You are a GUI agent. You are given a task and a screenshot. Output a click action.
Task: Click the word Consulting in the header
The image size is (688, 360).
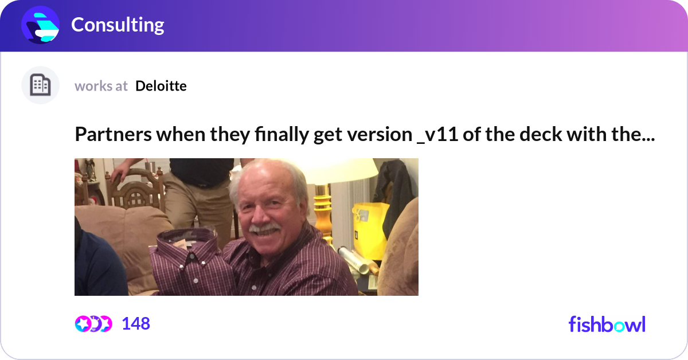click(118, 25)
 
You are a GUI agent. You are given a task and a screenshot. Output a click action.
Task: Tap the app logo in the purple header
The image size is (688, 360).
click(41, 25)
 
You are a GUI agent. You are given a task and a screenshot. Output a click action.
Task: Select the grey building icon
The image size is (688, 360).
click(40, 85)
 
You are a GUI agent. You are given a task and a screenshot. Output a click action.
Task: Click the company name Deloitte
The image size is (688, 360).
click(161, 86)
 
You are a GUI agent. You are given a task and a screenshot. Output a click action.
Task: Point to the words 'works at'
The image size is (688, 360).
click(101, 86)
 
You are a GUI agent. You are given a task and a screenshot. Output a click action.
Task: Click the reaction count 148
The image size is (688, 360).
click(136, 324)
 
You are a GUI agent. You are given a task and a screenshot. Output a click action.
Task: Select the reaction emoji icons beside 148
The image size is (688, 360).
click(93, 324)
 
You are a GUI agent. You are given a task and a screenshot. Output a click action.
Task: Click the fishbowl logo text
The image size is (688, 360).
click(607, 324)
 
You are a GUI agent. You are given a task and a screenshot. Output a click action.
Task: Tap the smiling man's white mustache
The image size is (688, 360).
click(264, 229)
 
